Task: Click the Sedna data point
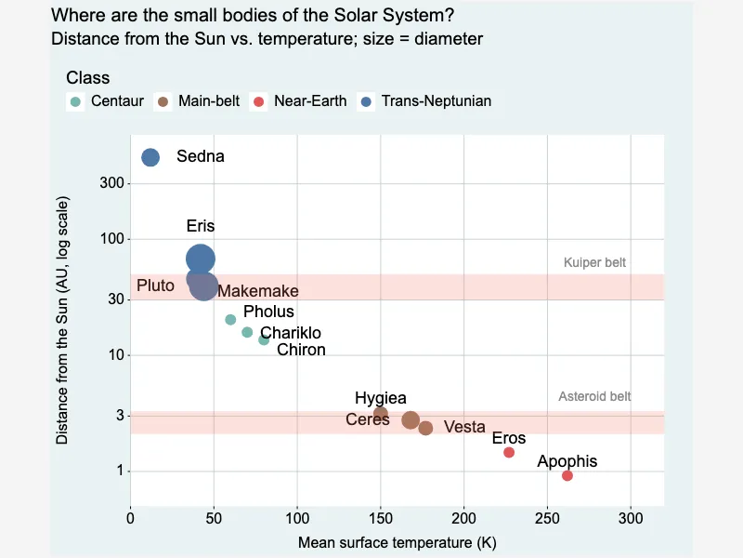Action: [x=150, y=157]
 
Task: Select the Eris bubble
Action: [x=201, y=259]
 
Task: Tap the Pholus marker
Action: [x=230, y=319]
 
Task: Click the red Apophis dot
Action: [x=567, y=475]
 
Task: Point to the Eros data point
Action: [x=509, y=452]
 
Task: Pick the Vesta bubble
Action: [x=425, y=428]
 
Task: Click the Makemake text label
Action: [x=258, y=291]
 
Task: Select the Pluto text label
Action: [x=155, y=286]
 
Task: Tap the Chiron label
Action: [x=301, y=350]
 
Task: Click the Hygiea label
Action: [x=381, y=398]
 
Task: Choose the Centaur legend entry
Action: [x=105, y=101]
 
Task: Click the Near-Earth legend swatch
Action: [x=259, y=101]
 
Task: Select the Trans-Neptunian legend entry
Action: [x=425, y=101]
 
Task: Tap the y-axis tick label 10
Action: [x=117, y=355]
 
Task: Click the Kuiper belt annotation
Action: [x=594, y=262]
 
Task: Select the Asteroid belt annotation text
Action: [x=594, y=396]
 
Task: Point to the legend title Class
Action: [x=88, y=78]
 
